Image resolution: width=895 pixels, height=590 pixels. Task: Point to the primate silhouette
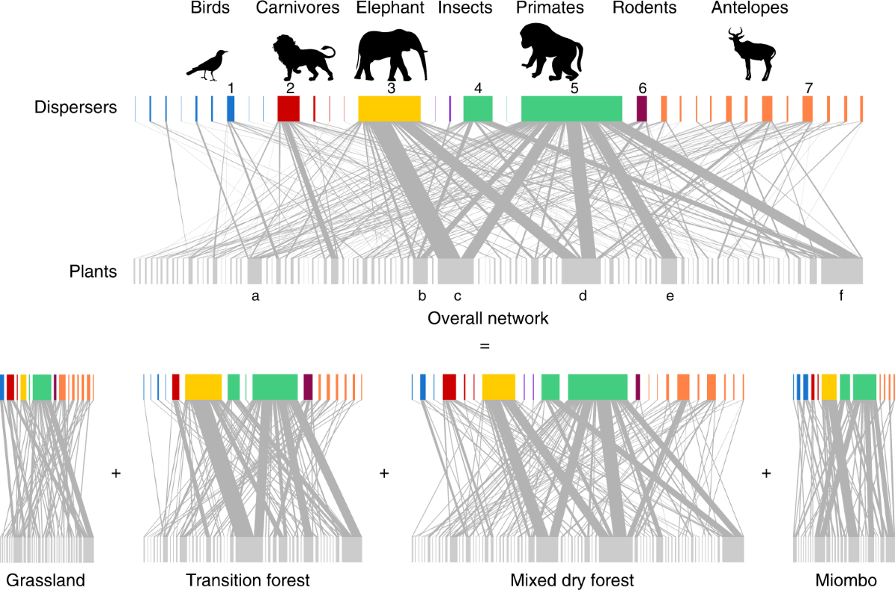[x=552, y=52]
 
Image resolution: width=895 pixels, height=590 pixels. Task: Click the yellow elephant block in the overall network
[x=389, y=109]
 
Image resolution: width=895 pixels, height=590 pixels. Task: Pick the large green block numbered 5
[x=571, y=109]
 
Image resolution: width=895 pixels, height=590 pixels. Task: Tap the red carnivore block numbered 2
[x=288, y=109]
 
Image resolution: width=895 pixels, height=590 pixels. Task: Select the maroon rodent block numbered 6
[x=641, y=109]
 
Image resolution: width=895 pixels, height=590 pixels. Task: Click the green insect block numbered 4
[x=478, y=109]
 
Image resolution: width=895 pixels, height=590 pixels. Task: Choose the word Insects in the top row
[x=465, y=8]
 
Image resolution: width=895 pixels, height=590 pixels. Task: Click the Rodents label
[x=644, y=8]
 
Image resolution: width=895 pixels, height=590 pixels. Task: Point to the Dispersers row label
[x=75, y=107]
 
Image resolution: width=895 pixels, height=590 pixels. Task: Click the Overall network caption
[x=488, y=318]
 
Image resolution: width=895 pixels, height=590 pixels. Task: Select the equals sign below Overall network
[x=486, y=347]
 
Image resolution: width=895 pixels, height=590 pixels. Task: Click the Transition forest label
[x=248, y=580]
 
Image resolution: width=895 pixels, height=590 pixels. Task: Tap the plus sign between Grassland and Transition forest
[x=116, y=473]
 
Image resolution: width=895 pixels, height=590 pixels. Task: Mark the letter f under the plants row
[x=841, y=296]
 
